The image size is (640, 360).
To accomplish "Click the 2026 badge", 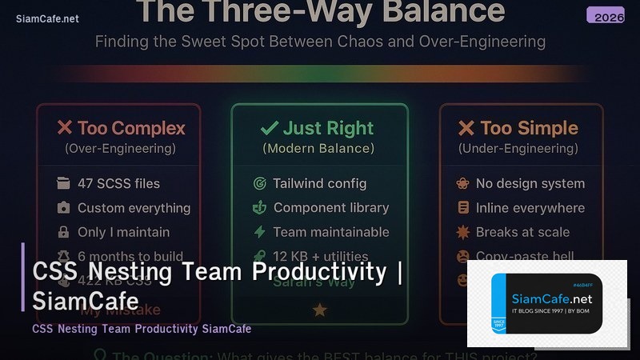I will coord(605,16).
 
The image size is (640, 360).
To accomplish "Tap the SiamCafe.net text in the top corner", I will coord(47,19).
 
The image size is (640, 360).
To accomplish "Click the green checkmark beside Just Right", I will coord(270,128).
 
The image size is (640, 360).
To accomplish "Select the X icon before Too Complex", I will coord(65,128).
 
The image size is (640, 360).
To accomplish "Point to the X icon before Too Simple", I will coord(466,128).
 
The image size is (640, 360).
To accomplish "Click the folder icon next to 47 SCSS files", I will coord(63,183).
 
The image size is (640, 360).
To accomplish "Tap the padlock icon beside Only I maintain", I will coord(63,232).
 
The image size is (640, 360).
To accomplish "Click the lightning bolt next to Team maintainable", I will coord(259,232).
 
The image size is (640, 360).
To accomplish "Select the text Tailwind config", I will coord(320,183).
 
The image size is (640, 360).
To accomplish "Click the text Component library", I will coord(331,207).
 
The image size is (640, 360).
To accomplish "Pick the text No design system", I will coord(530,183).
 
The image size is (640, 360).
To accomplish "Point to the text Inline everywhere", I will coord(530,208).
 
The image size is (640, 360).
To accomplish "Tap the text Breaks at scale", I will coord(522,232).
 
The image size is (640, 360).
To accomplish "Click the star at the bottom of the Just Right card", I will coord(320,310).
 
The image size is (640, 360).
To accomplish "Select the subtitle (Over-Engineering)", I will coord(120,148).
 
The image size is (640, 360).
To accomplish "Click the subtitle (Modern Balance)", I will coord(318,148).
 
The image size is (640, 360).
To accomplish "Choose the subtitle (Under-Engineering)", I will coord(518,148).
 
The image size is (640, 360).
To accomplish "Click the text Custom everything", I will coord(134,208).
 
